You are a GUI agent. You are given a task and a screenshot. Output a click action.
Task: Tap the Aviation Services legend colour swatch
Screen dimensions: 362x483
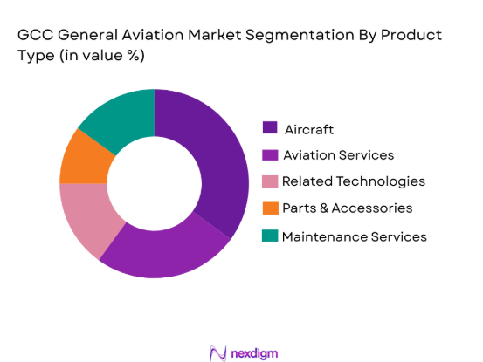tap(270, 155)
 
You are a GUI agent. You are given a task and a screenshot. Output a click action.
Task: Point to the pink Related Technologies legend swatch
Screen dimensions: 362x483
tap(270, 181)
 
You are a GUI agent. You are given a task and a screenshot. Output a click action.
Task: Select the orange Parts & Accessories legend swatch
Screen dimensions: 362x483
tap(270, 208)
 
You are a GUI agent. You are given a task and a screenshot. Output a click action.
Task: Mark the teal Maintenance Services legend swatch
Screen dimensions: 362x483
tap(270, 236)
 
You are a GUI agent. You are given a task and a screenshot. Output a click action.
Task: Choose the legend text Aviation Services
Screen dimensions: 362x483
tap(337, 155)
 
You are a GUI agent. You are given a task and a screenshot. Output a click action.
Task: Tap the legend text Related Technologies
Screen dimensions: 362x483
tap(353, 181)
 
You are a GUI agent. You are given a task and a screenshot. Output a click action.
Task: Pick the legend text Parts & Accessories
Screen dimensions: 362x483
tap(347, 208)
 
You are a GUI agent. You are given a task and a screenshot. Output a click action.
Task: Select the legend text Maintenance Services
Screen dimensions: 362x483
tap(354, 236)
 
